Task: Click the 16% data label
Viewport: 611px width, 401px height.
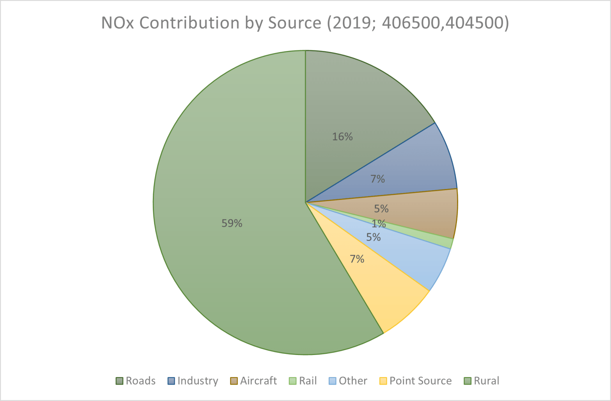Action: pos(342,137)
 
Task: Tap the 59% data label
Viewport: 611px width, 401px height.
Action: pos(232,223)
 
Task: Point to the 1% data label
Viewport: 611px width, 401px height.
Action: pos(378,224)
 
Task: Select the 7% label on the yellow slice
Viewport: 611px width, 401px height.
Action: pos(357,259)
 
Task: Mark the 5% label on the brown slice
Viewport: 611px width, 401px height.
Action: pos(381,209)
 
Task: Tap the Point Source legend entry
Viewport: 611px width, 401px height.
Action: pos(416,381)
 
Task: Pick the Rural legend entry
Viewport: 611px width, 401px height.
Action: pos(482,381)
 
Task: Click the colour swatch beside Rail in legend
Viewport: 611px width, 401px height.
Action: pos(292,381)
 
